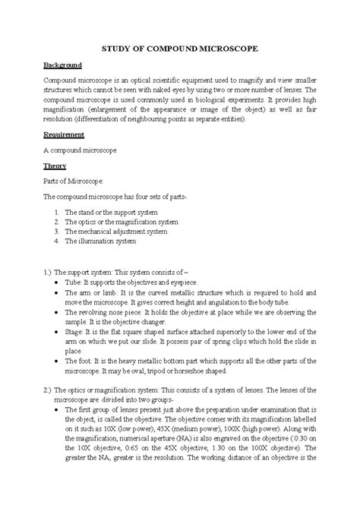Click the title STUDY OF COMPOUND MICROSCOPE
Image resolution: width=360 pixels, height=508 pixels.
tap(180, 49)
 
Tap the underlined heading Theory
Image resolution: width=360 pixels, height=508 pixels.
tap(55, 166)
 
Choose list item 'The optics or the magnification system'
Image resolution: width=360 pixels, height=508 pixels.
tap(122, 222)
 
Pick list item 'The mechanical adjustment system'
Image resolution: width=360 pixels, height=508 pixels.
tap(117, 232)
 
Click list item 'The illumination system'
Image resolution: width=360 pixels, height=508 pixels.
tap(100, 242)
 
